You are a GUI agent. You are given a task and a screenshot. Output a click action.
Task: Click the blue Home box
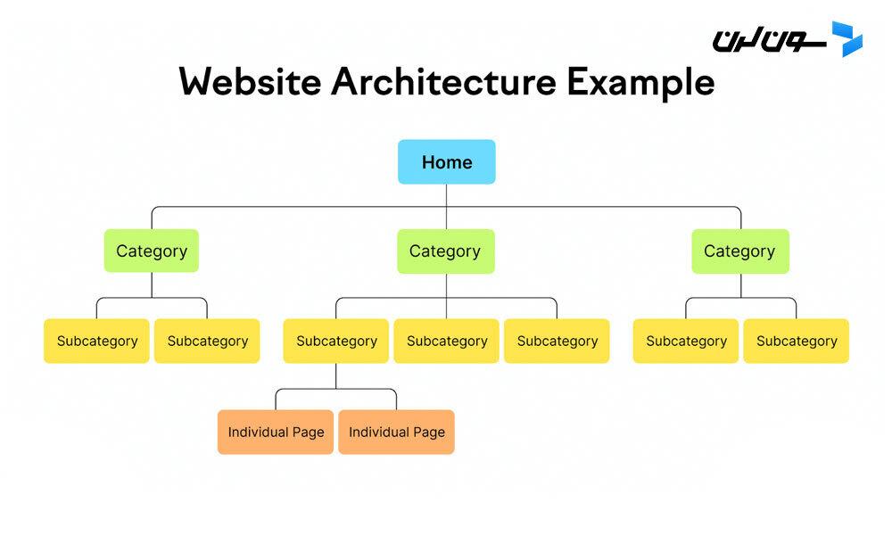447,162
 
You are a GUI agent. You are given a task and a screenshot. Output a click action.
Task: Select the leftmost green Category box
152,251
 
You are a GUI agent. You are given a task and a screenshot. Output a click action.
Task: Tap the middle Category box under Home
446,251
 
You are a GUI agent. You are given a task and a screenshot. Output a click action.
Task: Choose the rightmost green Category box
740,251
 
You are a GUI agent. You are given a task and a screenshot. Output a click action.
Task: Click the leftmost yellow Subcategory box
96,342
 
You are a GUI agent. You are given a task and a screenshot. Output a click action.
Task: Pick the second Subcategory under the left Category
207,342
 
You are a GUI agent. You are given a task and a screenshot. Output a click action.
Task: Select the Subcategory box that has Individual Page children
336,342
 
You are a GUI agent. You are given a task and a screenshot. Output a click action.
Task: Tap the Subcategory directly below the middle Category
447,342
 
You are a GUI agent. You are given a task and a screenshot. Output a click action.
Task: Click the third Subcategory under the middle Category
557,342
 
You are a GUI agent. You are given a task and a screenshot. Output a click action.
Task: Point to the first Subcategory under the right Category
686,342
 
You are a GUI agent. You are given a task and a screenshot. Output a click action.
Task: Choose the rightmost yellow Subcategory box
797,342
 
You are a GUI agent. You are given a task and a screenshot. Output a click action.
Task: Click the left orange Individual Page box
276,432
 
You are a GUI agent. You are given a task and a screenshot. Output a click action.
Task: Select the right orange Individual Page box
397,432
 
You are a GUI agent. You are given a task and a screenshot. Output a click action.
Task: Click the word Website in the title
250,81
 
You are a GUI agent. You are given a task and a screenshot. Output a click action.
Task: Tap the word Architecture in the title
443,81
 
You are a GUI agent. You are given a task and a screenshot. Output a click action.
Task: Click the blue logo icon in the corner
847,38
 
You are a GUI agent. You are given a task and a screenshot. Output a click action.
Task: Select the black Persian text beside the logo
769,41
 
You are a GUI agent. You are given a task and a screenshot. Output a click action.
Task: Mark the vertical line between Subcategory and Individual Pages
336,375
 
